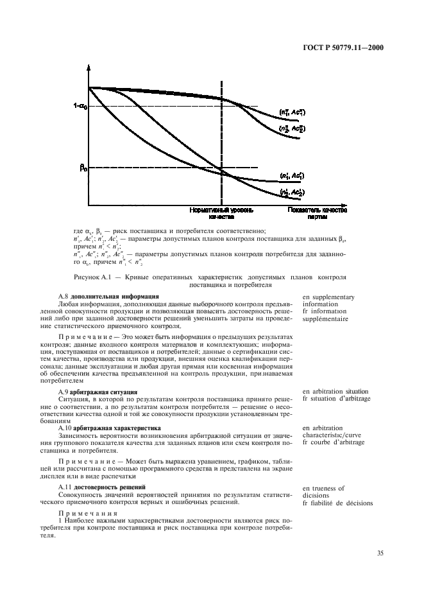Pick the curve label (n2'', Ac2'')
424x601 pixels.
pos(292,128)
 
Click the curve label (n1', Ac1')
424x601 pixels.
pos(292,175)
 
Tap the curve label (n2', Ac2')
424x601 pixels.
pos(292,192)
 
